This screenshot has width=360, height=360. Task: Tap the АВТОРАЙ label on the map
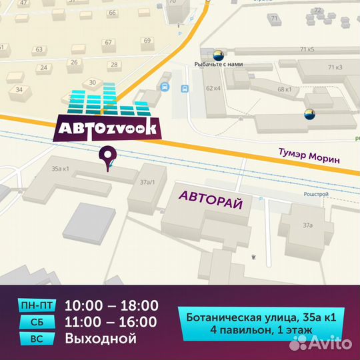click(x=210, y=197)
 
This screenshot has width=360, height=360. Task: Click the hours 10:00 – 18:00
click(x=111, y=306)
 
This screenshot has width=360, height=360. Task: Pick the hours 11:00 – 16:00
click(x=111, y=323)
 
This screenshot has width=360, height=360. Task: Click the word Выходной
click(x=101, y=339)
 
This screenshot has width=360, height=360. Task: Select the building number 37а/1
click(x=147, y=181)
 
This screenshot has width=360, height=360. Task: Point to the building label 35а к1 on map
click(x=60, y=169)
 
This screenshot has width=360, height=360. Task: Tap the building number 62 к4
click(x=213, y=87)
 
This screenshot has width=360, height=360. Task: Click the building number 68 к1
click(x=285, y=89)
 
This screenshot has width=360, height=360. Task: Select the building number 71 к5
click(x=307, y=49)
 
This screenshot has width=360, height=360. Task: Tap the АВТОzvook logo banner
click(x=107, y=127)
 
